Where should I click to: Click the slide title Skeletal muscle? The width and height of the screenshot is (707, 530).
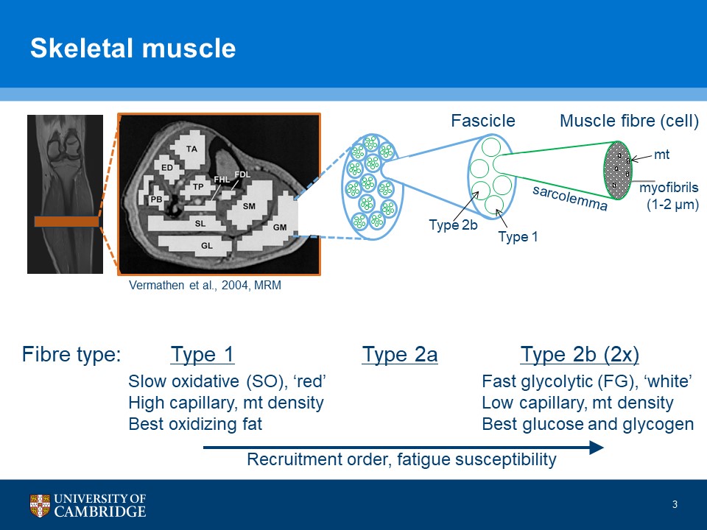(133, 49)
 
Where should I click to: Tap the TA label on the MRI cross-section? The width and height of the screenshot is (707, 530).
(192, 149)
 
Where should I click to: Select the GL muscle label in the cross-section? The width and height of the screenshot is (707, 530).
(207, 247)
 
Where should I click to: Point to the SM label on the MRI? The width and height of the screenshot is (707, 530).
(249, 206)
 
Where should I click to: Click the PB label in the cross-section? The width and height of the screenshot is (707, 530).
(156, 199)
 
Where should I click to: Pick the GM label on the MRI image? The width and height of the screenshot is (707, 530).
(280, 227)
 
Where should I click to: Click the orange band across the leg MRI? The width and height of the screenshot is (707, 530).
(66, 221)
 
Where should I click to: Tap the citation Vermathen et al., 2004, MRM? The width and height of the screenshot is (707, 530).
(205, 286)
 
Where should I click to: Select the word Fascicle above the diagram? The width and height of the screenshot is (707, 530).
(482, 121)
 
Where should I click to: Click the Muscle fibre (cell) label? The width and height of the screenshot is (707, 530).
(629, 121)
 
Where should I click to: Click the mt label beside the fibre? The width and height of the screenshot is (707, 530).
(661, 155)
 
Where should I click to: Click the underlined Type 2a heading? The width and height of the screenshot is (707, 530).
(400, 355)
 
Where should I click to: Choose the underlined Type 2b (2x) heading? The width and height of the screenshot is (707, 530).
(580, 355)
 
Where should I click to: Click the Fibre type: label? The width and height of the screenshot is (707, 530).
(71, 355)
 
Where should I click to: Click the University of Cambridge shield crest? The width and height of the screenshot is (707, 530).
(41, 506)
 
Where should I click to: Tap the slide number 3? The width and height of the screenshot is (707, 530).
(675, 504)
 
